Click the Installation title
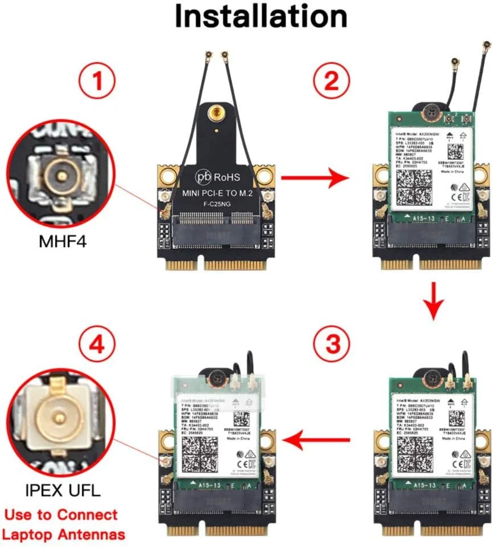pyautogui.click(x=260, y=17)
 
